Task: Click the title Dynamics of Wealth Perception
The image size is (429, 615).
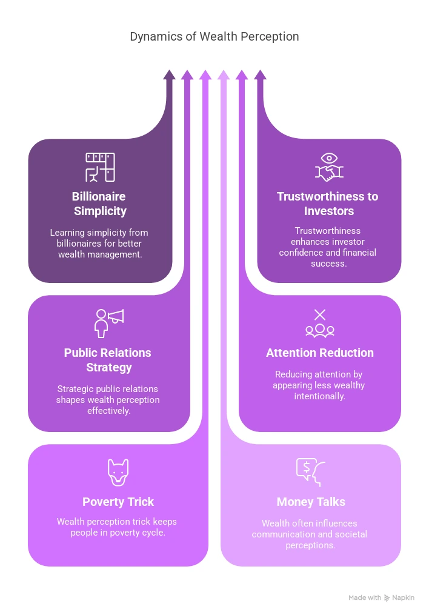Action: point(215,36)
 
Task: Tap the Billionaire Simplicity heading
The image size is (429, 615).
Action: point(100,204)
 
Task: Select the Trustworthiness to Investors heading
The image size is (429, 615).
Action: point(328,204)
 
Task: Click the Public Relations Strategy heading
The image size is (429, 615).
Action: point(108,360)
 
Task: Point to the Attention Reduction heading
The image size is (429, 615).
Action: point(320,353)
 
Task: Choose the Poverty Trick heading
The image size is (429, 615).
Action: point(118,502)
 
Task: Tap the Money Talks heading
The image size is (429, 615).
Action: point(311,502)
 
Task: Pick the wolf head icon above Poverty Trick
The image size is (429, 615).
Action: point(118,472)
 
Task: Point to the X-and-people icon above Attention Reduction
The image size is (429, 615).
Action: point(320,322)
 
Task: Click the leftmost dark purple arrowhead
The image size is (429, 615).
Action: point(169,75)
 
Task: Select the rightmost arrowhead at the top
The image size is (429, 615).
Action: point(260,75)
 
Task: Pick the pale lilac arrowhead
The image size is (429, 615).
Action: point(224,75)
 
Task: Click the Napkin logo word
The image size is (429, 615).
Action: point(403,597)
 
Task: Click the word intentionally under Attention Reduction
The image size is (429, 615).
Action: point(320,396)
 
